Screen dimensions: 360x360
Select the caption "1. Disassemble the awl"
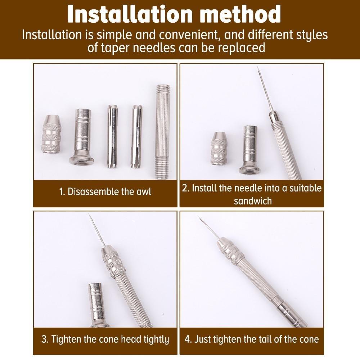click(105, 191)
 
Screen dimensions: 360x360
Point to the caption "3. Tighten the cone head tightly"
click(105, 339)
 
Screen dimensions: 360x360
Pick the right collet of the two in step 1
click(136, 136)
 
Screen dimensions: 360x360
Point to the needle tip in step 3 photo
click(90, 216)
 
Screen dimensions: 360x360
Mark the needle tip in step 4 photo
click(199, 217)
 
